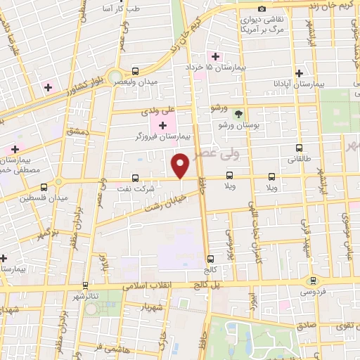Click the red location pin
(181, 166)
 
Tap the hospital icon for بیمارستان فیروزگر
(164, 126)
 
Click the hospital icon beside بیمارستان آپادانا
(300, 73)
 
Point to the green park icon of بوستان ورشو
(238, 114)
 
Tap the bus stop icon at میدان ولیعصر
(135, 71)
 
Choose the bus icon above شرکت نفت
(135, 178)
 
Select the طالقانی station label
(304, 159)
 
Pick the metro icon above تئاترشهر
(85, 285)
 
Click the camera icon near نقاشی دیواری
(262, 9)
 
